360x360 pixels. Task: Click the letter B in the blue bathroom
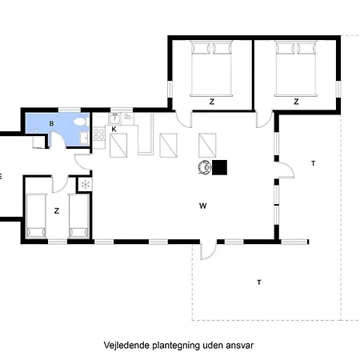52,123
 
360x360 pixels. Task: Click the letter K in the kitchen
114,129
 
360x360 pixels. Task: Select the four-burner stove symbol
99,134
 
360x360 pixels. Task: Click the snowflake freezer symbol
85,185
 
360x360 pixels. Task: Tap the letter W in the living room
203,206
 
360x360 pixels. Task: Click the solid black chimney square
219,167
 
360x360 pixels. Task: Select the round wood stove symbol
205,167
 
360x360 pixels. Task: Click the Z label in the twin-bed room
56,211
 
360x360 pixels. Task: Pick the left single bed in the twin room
37,215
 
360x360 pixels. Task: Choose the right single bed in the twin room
78,215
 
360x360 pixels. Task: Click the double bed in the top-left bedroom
211,67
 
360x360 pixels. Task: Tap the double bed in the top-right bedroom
296,67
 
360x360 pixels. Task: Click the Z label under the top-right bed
296,102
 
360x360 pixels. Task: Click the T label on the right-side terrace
314,163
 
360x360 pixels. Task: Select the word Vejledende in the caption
126,346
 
